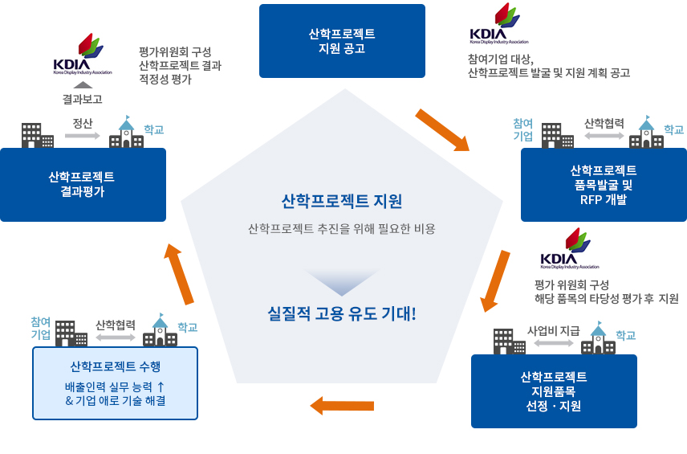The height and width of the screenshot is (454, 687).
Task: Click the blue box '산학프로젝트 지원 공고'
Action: (342, 41)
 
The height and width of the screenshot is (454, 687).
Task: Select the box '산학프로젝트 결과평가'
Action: (83, 185)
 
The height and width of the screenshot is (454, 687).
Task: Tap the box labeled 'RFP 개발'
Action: (604, 185)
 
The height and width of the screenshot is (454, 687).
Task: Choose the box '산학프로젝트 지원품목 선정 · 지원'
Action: (554, 391)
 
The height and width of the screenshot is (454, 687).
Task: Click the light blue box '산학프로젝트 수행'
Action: (116, 383)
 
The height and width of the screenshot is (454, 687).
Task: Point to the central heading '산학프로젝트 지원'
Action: (342, 201)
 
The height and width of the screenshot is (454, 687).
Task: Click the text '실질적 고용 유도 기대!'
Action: (342, 313)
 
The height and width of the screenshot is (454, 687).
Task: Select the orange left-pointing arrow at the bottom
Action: (342, 406)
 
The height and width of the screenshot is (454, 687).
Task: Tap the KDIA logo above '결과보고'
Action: (83, 54)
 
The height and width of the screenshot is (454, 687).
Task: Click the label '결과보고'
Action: (83, 99)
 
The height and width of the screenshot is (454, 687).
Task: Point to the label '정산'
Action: (83, 123)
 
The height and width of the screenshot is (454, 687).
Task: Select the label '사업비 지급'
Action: (553, 331)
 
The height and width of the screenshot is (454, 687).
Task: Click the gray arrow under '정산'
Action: (83, 136)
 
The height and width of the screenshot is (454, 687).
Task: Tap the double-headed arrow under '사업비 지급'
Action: (554, 343)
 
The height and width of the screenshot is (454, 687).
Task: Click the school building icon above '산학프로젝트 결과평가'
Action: (126, 132)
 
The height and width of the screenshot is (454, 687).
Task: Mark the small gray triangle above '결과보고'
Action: (83, 85)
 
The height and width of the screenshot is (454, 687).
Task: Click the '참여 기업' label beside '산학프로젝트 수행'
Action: (41, 328)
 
